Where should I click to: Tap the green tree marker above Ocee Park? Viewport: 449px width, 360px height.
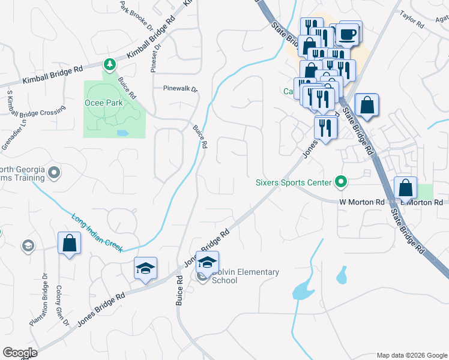(109, 64)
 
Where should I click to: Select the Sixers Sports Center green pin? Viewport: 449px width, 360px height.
(342, 181)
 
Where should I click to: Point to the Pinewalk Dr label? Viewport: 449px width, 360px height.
(180, 88)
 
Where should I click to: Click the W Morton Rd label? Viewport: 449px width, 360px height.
(361, 203)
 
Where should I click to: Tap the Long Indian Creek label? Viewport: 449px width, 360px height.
(97, 233)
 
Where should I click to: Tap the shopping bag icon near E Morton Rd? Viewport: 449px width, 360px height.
(406, 187)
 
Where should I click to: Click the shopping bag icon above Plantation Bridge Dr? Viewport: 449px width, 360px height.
(70, 243)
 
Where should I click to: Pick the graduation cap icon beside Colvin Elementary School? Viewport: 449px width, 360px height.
(208, 262)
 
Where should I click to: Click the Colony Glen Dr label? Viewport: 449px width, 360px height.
(62, 305)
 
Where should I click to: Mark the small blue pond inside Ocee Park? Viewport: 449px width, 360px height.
(122, 133)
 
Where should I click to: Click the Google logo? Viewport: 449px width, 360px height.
(20, 353)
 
